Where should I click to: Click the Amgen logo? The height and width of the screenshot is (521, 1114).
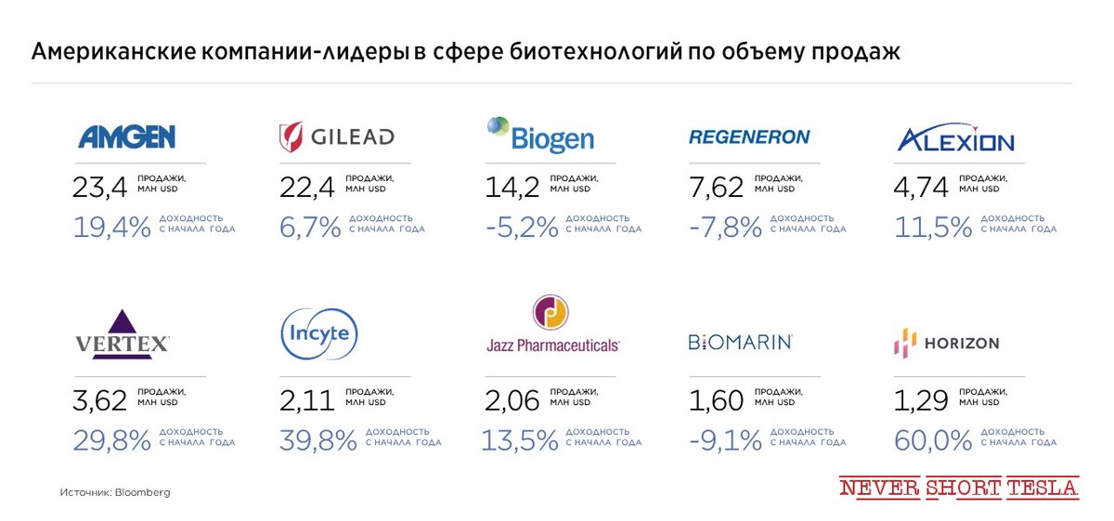pos(126,137)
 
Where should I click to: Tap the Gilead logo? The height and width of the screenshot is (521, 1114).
pos(337,137)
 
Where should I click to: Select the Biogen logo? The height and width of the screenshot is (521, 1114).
pos(540,136)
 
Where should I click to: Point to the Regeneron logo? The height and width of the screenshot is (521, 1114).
pos(749,137)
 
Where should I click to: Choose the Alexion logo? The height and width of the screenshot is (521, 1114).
pos(955,139)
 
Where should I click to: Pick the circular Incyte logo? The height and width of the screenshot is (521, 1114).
pos(318,333)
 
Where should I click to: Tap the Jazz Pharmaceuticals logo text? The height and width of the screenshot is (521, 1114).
pos(552,345)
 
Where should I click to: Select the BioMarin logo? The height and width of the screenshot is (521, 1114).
pos(740,342)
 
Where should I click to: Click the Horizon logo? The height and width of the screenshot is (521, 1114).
pos(946,343)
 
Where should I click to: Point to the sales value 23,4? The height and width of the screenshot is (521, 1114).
pos(99,188)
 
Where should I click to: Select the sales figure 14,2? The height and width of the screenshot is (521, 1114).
pos(512,188)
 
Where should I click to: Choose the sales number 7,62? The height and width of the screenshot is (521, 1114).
pos(716,188)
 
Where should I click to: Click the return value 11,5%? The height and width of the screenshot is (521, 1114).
pos(933,228)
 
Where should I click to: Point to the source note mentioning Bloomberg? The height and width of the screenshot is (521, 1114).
pos(115,492)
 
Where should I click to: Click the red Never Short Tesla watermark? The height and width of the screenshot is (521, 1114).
pos(959,488)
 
